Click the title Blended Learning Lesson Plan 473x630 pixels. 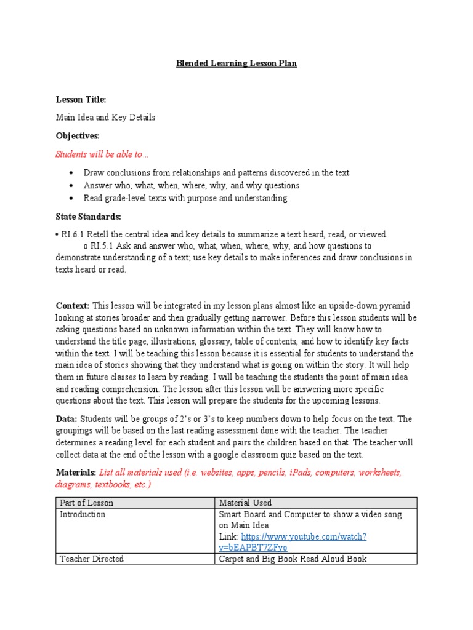(x=237, y=63)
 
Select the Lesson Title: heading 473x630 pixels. (x=81, y=99)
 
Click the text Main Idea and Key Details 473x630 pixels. (x=105, y=117)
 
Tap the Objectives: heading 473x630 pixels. (x=78, y=135)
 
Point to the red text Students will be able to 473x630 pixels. (x=102, y=154)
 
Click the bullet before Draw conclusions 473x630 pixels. (x=72, y=173)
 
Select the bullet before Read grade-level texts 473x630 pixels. (x=72, y=198)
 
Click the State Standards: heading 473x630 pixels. (x=89, y=217)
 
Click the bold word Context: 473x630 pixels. (x=73, y=306)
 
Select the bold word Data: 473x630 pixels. (x=67, y=419)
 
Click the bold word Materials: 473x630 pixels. (x=76, y=472)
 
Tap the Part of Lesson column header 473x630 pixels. (x=86, y=503)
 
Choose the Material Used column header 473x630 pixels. (x=245, y=503)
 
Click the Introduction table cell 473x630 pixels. (x=83, y=514)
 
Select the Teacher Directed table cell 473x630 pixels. (x=91, y=559)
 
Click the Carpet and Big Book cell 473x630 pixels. (x=293, y=559)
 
